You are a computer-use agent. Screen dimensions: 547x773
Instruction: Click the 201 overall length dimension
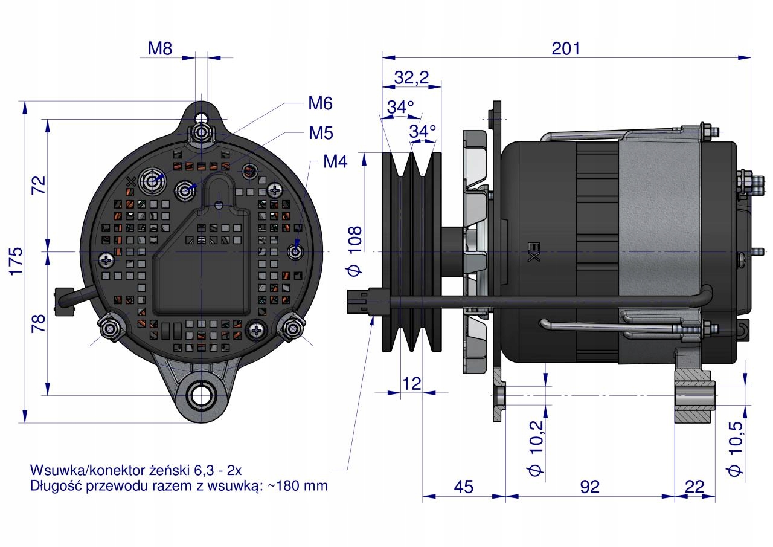tap(566, 48)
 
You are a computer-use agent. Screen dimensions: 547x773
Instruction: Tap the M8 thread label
tap(160, 49)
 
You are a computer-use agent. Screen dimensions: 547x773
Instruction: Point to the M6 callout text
tap(320, 103)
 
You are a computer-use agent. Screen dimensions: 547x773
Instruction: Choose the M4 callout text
tap(335, 161)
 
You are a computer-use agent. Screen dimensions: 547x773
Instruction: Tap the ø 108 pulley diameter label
tap(354, 250)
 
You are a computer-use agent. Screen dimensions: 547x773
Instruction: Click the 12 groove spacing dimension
tap(411, 383)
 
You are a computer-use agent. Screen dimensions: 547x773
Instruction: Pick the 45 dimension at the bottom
tap(463, 487)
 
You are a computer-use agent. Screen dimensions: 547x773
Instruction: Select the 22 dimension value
tap(695, 487)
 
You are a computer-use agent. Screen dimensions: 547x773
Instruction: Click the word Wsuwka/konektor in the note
tap(79, 470)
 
